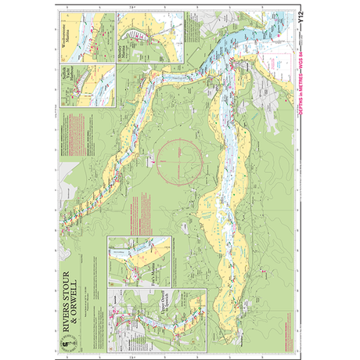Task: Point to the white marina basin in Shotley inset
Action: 139,33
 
